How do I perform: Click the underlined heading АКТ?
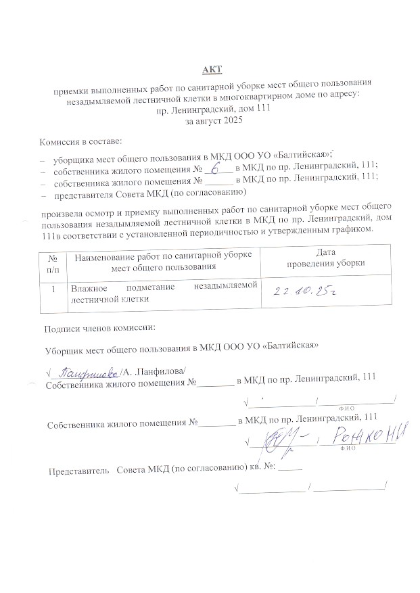point(212,69)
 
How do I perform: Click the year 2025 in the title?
point(230,120)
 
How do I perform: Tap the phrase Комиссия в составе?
point(81,141)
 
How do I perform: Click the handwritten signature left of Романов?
point(282,440)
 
